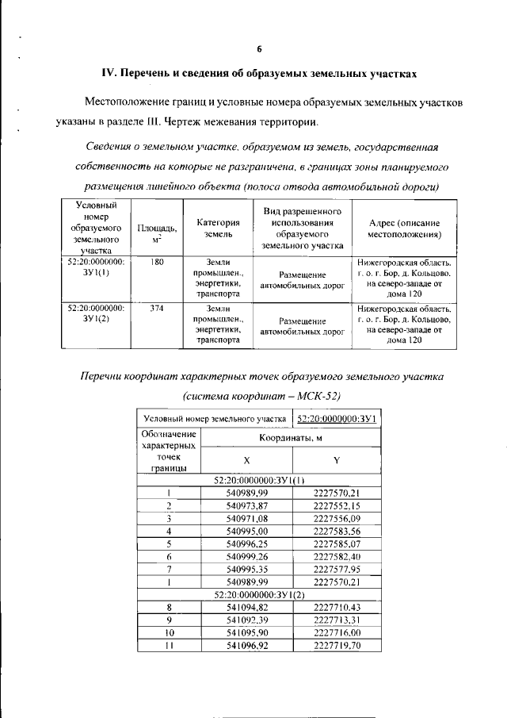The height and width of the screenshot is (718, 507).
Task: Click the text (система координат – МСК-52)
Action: (258, 395)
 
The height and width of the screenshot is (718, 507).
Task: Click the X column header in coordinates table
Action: (246, 460)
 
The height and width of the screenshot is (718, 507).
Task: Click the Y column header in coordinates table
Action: (337, 460)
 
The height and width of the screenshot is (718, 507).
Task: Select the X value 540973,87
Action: (246, 506)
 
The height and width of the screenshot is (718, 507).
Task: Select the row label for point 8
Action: (169, 607)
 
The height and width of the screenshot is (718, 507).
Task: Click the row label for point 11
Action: (169, 647)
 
